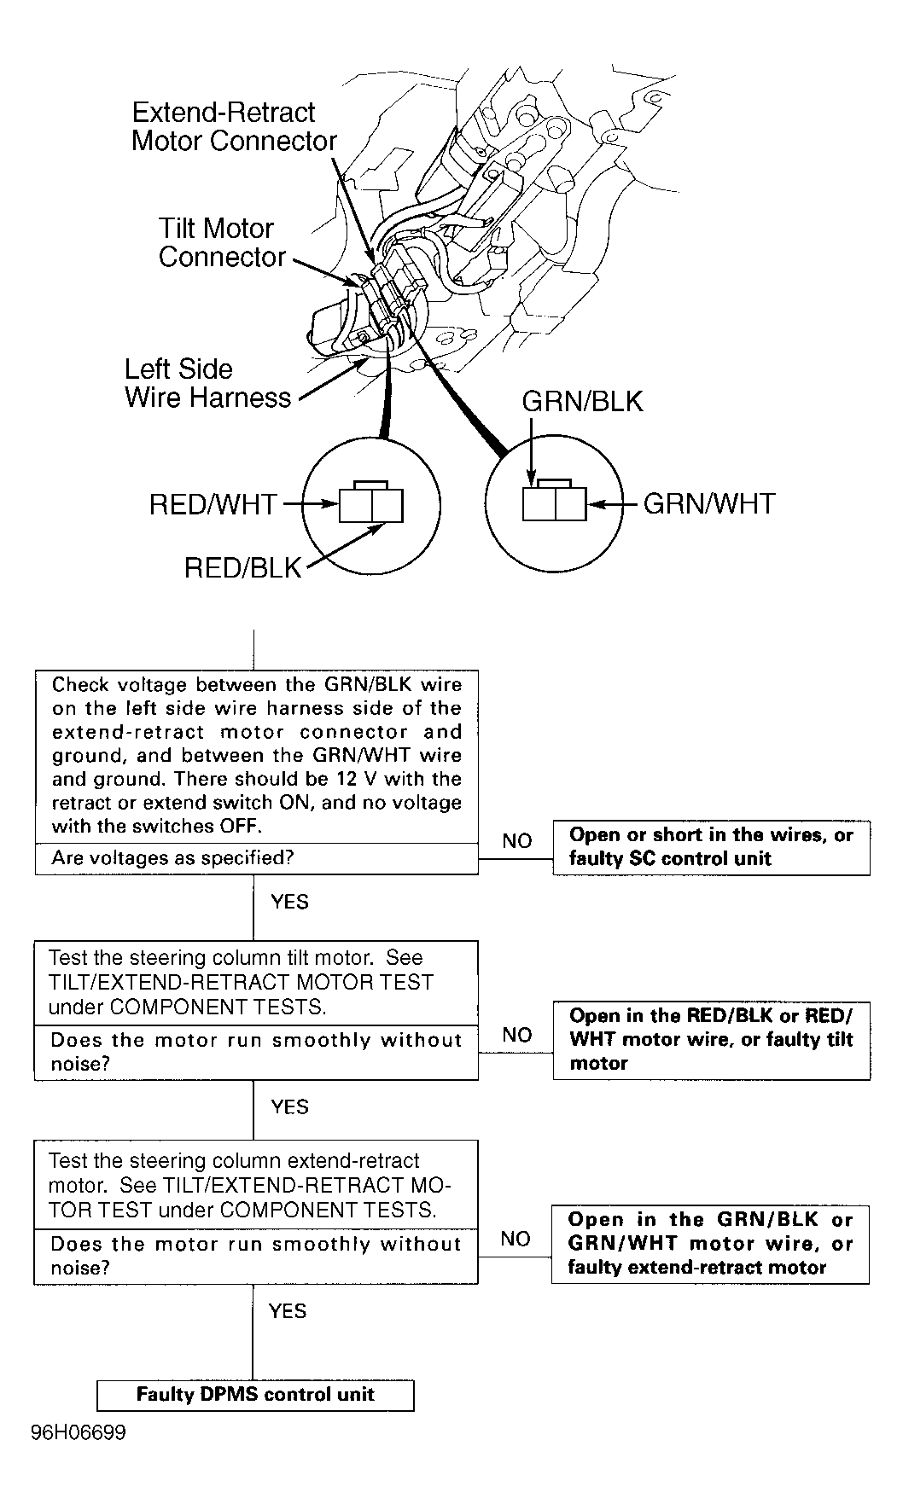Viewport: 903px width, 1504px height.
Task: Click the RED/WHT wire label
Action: [x=213, y=504]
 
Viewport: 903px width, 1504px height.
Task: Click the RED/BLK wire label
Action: [x=243, y=568]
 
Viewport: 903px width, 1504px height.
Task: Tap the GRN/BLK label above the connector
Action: [x=582, y=402]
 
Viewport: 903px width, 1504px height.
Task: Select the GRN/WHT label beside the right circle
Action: [x=708, y=504]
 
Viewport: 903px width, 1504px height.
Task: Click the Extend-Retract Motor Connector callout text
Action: [x=234, y=127]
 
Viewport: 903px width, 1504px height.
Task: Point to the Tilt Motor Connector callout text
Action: [x=221, y=243]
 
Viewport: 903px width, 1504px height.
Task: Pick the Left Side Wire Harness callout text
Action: [x=207, y=383]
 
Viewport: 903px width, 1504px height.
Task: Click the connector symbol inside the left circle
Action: [x=371, y=503]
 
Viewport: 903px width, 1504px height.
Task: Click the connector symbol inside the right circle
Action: [x=554, y=502]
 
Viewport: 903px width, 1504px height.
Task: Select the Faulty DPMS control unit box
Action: [x=255, y=1395]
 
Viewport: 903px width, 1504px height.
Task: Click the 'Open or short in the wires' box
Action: [x=711, y=847]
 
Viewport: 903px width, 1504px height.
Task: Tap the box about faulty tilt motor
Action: [x=711, y=1040]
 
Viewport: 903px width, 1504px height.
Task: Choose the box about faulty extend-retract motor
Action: [x=710, y=1244]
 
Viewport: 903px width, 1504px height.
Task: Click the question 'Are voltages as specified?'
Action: [x=172, y=858]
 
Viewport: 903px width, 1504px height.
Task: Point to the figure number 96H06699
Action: [x=79, y=1432]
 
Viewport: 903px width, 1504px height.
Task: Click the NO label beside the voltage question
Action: [x=516, y=841]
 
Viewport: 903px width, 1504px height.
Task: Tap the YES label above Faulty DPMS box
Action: [x=287, y=1311]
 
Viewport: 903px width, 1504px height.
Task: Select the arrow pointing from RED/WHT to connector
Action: [x=310, y=504]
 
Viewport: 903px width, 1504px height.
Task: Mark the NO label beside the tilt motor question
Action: [x=516, y=1035]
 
